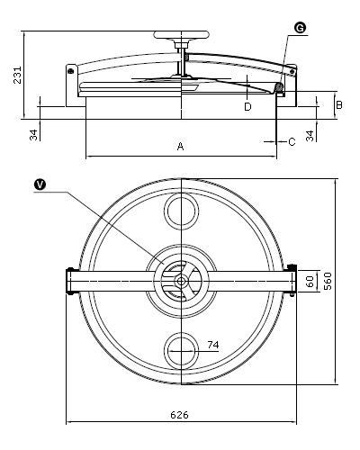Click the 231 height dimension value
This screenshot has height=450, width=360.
pyautogui.click(x=18, y=75)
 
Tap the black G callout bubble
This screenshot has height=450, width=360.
pyautogui.click(x=300, y=28)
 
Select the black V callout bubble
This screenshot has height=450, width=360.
pyautogui.click(x=40, y=184)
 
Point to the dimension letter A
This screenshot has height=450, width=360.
pyautogui.click(x=180, y=146)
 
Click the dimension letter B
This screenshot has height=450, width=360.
pyautogui.click(x=339, y=105)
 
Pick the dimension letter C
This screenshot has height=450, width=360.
pyautogui.click(x=292, y=141)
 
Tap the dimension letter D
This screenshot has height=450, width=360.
pyautogui.click(x=247, y=106)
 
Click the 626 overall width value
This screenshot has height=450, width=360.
pyautogui.click(x=179, y=415)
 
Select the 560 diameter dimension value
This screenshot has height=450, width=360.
pyautogui.click(x=328, y=281)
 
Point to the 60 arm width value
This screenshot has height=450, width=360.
pyautogui.click(x=310, y=281)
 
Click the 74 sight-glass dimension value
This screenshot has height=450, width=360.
pyautogui.click(x=213, y=345)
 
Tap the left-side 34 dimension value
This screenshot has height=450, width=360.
pyautogui.click(x=34, y=135)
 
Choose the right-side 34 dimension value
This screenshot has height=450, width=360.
pyautogui.click(x=310, y=136)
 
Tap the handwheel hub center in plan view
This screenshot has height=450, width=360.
pyautogui.click(x=181, y=282)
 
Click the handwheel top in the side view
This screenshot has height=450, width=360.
pyautogui.click(x=181, y=35)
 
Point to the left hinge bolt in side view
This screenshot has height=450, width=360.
pyautogui.click(x=71, y=71)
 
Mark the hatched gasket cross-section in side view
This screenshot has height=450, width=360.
pyautogui.click(x=279, y=87)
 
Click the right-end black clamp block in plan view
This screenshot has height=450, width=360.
pyautogui.click(x=292, y=266)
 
